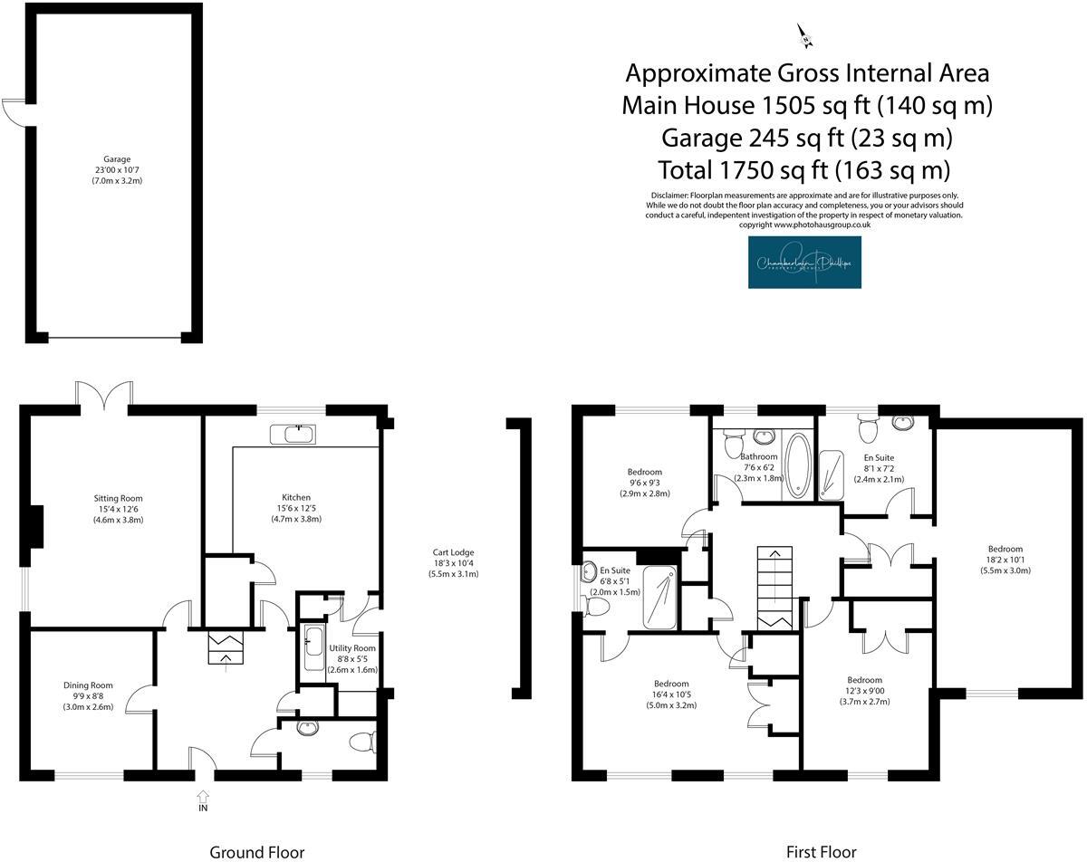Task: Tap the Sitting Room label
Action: pyautogui.click(x=118, y=509)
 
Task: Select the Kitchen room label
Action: pyautogui.click(x=296, y=508)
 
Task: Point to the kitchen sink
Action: pyautogui.click(x=293, y=434)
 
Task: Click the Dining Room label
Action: pyautogui.click(x=88, y=696)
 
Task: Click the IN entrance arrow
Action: pyautogui.click(x=203, y=800)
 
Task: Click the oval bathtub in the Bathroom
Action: pyautogui.click(x=798, y=465)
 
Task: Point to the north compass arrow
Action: pyautogui.click(x=804, y=36)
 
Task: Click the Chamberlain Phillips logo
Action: pyautogui.click(x=805, y=263)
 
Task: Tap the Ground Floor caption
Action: pyautogui.click(x=257, y=851)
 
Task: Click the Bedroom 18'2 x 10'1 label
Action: pyautogui.click(x=1005, y=560)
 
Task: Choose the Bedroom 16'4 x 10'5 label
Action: pyautogui.click(x=671, y=694)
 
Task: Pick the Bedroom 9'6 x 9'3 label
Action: pyautogui.click(x=644, y=483)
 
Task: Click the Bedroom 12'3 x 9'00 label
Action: pyautogui.click(x=864, y=691)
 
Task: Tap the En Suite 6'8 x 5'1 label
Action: pyautogui.click(x=614, y=581)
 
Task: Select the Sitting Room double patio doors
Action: pyautogui.click(x=104, y=396)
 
